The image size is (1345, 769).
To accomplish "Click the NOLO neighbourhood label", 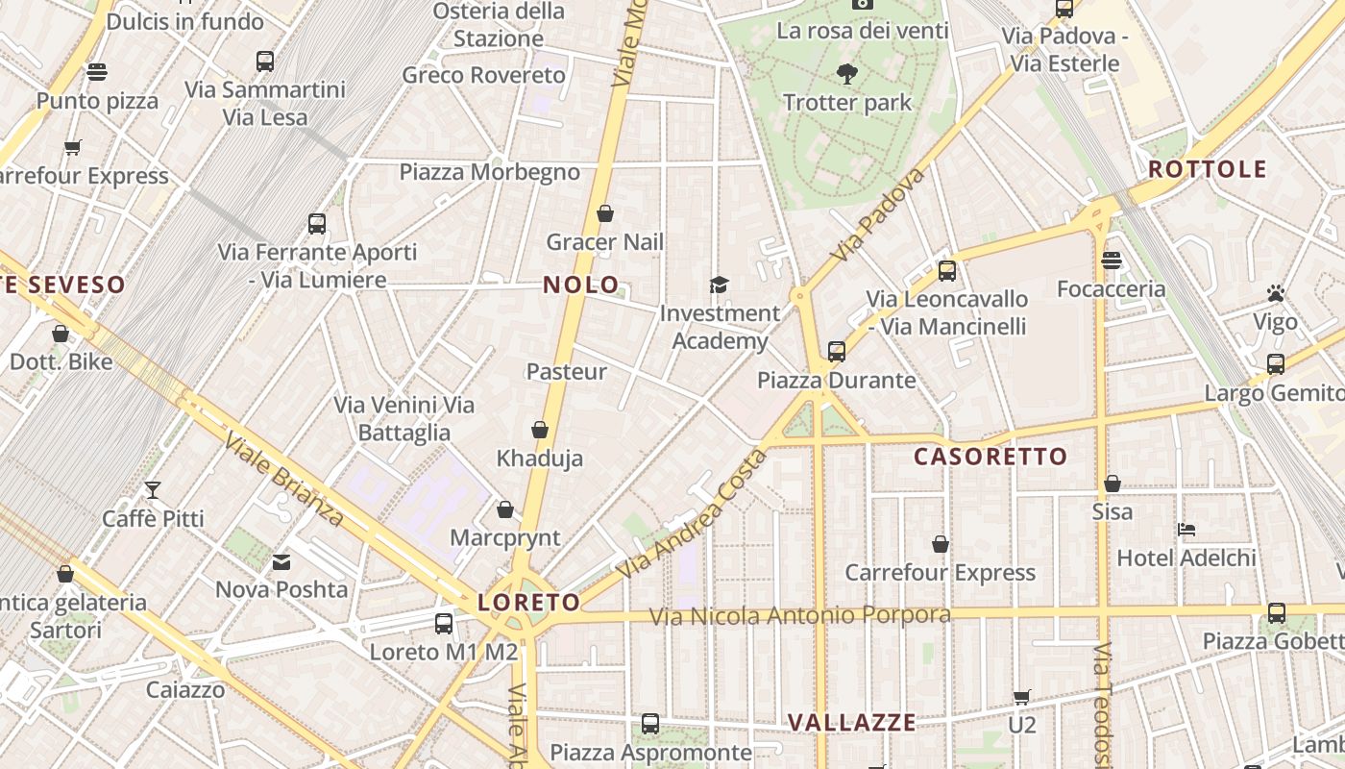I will (581, 285).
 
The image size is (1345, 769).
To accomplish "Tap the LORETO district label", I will (529, 603).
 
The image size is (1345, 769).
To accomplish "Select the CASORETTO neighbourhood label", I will (990, 457).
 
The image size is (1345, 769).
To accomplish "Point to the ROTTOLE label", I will (1208, 169).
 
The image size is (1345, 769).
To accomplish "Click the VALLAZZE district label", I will (852, 723).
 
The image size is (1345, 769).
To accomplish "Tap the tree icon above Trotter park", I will (846, 73).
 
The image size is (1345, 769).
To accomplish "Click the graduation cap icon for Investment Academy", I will (719, 285).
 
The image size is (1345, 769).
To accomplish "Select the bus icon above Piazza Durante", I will (837, 351).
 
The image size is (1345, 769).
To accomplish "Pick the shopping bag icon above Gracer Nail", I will (605, 213).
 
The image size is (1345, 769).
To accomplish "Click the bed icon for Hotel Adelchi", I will (1186, 529).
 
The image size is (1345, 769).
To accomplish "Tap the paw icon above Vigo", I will (1276, 293).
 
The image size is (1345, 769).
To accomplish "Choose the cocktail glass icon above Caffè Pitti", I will (153, 489).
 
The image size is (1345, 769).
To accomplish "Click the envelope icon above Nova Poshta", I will (281, 561).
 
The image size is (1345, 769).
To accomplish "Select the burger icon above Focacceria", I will (1112, 260).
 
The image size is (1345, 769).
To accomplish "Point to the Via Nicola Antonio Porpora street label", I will (800, 615).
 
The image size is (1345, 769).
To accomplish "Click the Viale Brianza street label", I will (283, 481).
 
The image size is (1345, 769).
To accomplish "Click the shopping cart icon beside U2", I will (1022, 696).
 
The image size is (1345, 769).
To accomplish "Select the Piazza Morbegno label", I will (490, 172).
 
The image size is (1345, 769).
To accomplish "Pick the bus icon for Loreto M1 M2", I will (444, 623).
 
